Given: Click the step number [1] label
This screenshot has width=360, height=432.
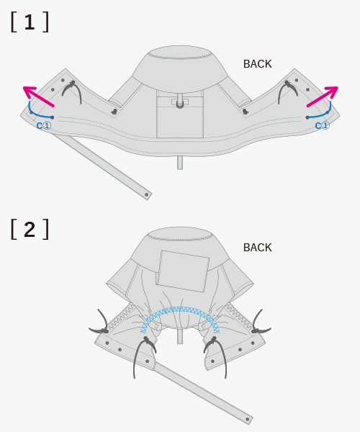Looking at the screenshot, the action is pyautogui.click(x=30, y=22).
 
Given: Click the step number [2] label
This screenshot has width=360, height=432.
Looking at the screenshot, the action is pyautogui.click(x=30, y=229).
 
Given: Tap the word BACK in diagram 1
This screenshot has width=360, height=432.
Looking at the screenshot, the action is pyautogui.click(x=258, y=64).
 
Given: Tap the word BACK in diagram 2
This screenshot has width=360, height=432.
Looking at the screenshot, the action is pyautogui.click(x=258, y=248).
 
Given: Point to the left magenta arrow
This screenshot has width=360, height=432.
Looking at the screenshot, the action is pyautogui.click(x=38, y=96).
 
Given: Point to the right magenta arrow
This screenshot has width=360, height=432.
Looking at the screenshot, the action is pyautogui.click(x=323, y=96).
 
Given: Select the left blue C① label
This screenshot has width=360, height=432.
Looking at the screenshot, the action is pyautogui.click(x=44, y=126).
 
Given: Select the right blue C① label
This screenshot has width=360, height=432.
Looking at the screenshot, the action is pyautogui.click(x=323, y=126).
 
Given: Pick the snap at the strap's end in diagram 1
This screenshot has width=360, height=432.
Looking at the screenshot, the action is pyautogui.click(x=147, y=195).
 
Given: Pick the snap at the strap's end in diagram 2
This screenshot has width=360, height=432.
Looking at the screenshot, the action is pyautogui.click(x=248, y=419).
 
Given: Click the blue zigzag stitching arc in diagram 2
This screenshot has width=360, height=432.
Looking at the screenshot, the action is pyautogui.click(x=179, y=310).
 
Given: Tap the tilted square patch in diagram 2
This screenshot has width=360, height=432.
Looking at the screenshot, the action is pyautogui.click(x=183, y=271).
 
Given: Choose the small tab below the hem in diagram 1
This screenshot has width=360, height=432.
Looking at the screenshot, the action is pyautogui.click(x=180, y=163).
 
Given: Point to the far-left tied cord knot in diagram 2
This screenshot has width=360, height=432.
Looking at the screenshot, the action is pyautogui.click(x=104, y=330).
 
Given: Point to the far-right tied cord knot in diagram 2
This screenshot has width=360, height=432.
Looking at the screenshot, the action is pyautogui.click(x=256, y=330).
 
